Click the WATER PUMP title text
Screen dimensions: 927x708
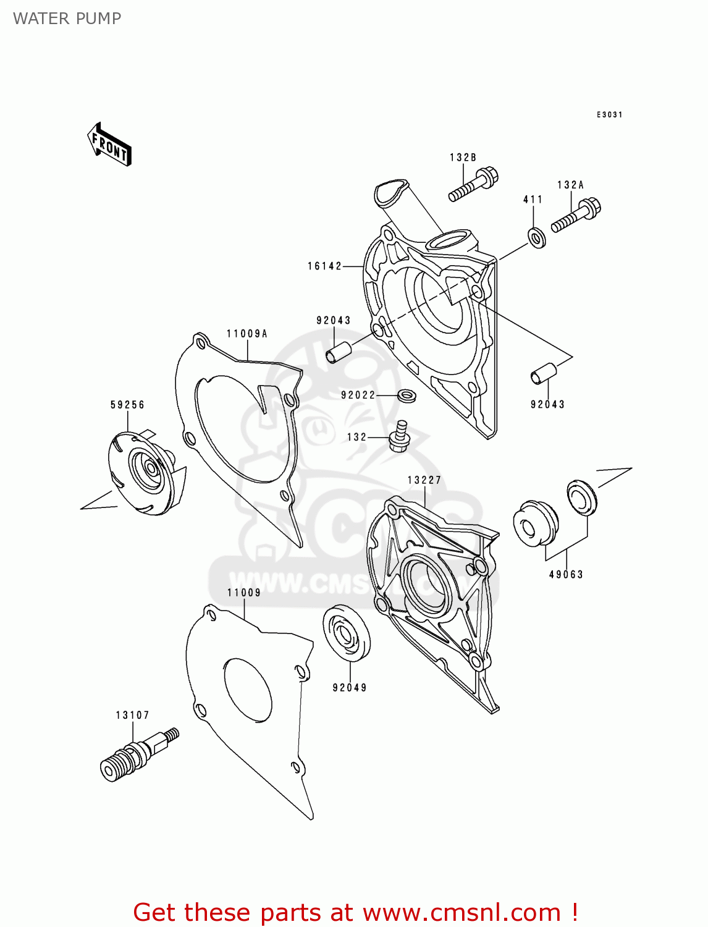click(x=67, y=19)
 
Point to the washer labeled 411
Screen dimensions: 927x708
click(x=536, y=237)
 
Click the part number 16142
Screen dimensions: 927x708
click(x=324, y=266)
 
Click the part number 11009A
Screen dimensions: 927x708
click(x=247, y=334)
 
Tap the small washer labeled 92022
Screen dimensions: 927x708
click(x=406, y=394)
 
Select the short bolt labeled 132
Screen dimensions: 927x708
click(x=399, y=436)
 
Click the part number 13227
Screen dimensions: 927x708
click(x=424, y=480)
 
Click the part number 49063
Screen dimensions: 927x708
click(x=566, y=574)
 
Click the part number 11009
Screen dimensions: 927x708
click(x=244, y=593)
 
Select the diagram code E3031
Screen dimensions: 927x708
click(x=609, y=114)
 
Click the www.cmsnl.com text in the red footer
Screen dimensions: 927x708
click(x=461, y=912)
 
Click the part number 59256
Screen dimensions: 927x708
click(x=127, y=405)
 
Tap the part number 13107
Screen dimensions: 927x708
click(x=132, y=715)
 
